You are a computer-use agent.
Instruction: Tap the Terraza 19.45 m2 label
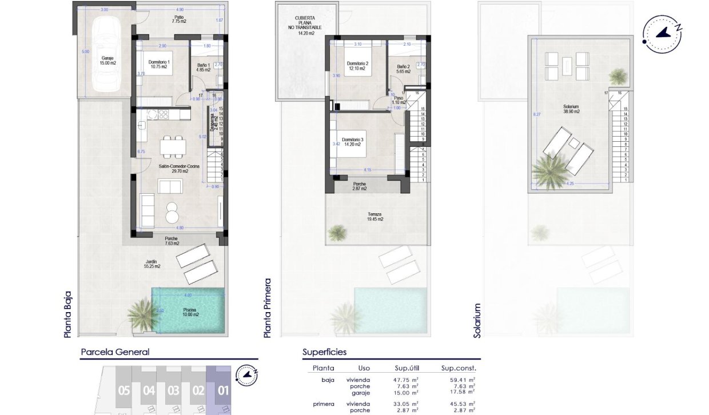point(375,216)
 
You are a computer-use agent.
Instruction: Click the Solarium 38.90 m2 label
point(571,109)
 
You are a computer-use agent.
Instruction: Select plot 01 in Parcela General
point(223,391)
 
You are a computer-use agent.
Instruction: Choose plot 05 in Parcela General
point(124,391)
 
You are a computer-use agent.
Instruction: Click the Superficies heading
point(324,353)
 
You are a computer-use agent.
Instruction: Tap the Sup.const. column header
point(459,369)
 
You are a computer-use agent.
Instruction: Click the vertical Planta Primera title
point(268,309)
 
